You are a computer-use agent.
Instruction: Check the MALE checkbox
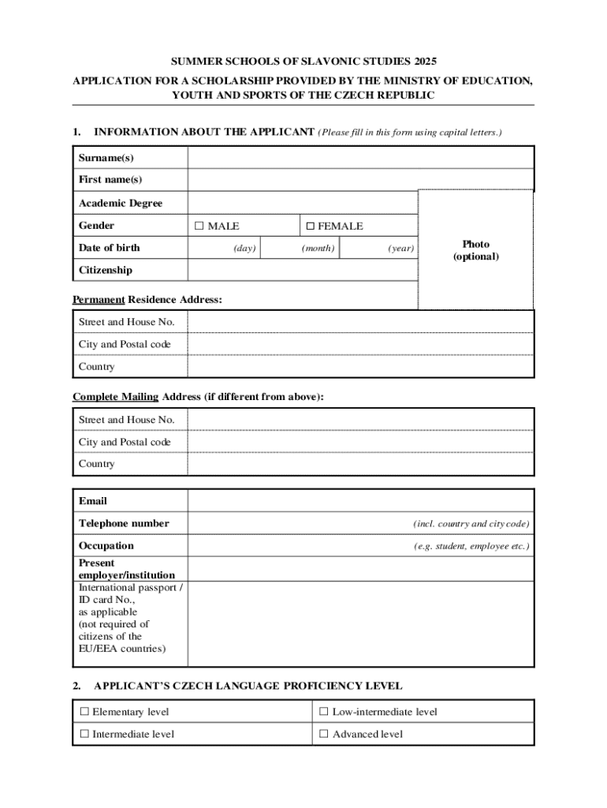(199, 226)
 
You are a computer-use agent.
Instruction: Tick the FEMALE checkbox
(310, 226)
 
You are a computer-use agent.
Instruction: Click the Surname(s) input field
(360, 158)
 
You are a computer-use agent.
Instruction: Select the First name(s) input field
(360, 180)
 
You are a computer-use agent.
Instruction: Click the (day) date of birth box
(224, 249)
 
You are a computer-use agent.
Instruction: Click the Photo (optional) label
(475, 250)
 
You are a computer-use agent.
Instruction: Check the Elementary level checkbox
(84, 713)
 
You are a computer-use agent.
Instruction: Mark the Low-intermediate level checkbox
(324, 713)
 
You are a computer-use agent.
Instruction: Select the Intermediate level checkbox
(84, 735)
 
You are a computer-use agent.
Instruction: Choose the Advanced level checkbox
(324, 735)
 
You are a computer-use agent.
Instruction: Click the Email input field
(360, 501)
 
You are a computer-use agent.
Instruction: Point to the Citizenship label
(106, 270)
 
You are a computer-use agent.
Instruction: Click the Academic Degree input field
(302, 203)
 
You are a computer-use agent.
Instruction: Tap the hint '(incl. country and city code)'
(471, 524)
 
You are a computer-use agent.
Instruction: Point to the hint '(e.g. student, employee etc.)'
(471, 546)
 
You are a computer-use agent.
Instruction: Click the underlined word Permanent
(99, 300)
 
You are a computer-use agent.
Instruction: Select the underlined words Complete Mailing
(115, 397)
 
